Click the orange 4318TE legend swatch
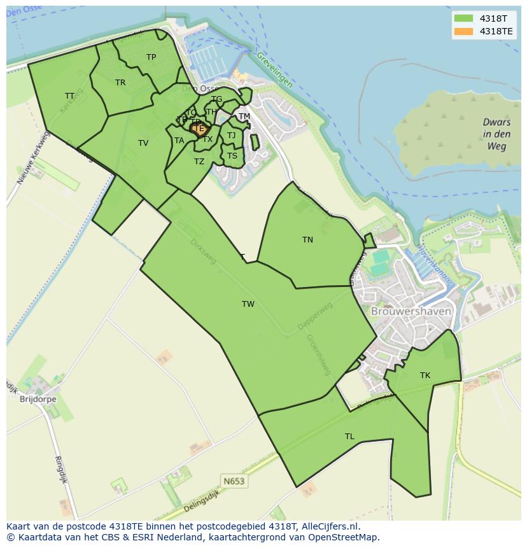coord(463,31)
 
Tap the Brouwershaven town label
coord(411,312)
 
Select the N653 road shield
coord(234,481)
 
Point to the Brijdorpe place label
coord(38,400)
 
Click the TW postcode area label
coord(248,304)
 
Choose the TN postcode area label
coord(307,240)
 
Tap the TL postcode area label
coord(349,437)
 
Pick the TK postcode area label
coord(425,376)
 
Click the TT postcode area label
coord(69,96)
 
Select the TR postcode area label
coord(120,83)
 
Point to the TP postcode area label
coord(151,57)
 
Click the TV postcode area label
coord(143,143)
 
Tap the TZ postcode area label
coord(199,162)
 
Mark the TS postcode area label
coord(232,156)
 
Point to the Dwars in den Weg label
coord(496,134)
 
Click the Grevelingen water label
coord(275,69)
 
